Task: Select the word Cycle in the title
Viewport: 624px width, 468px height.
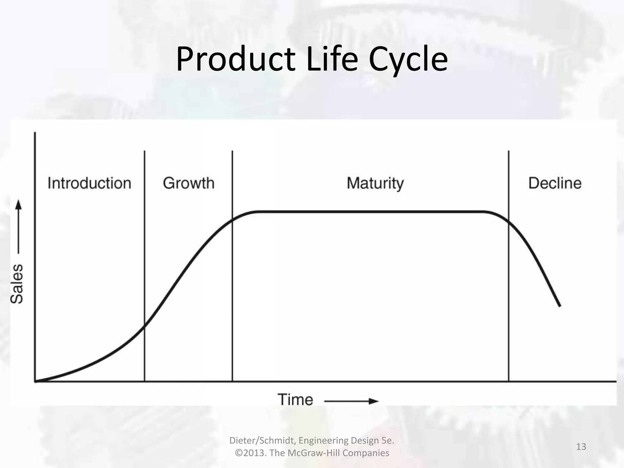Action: click(408, 59)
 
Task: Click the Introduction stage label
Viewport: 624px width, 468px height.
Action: click(89, 183)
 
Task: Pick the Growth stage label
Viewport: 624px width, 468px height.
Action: click(189, 183)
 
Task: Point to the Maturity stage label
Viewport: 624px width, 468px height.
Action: click(375, 183)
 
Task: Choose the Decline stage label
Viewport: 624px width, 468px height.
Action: click(555, 183)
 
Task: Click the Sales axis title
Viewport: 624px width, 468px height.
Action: click(17, 284)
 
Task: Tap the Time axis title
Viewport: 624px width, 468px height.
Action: click(295, 400)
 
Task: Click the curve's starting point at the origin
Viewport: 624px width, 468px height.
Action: click(36, 381)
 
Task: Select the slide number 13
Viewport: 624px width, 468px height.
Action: click(581, 447)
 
